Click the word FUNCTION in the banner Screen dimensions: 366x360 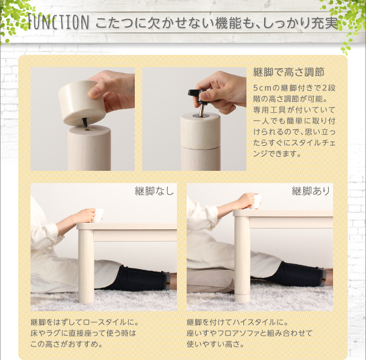coord(59,22)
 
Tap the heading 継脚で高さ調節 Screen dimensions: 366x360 coord(289,72)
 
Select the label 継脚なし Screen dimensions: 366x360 coord(154,191)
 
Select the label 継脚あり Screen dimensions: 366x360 coord(310,191)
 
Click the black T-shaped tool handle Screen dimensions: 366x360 coord(197,95)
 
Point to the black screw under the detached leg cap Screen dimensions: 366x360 coord(85,122)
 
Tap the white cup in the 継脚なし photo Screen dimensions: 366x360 coord(98,215)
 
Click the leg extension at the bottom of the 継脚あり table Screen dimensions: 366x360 coord(242,298)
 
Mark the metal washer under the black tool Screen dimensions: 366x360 coord(201,115)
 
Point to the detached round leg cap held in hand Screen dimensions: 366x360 coord(81,103)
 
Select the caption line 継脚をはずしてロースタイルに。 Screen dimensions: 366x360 coord(85,322)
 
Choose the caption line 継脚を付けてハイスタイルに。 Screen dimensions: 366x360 coord(237,322)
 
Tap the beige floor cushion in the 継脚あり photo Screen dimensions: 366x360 coord(210,280)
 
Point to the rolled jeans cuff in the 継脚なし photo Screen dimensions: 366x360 coord(168,281)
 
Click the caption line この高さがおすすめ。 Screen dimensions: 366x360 coord(66,344)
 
